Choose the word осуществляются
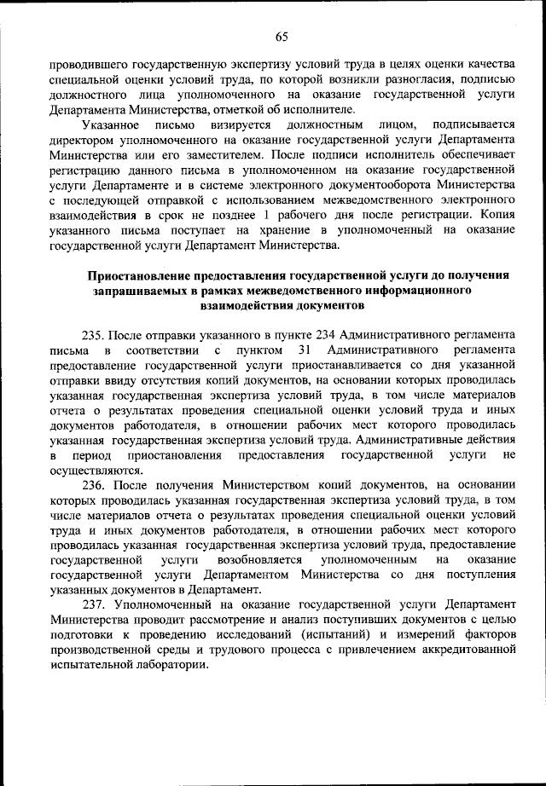pos(93,469)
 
